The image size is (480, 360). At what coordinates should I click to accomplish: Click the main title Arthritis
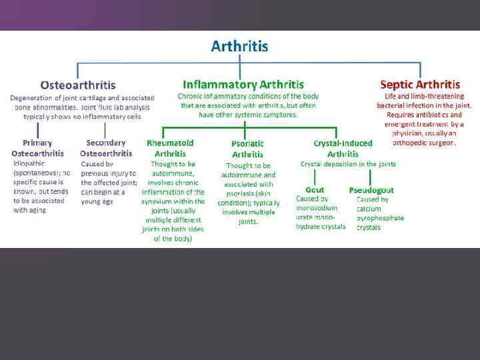pyautogui.click(x=239, y=46)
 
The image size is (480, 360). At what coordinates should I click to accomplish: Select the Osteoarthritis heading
pyautogui.click(x=78, y=85)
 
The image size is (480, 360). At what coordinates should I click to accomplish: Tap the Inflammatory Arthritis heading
pyautogui.click(x=243, y=85)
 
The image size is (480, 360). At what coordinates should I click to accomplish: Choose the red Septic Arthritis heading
pyautogui.click(x=419, y=85)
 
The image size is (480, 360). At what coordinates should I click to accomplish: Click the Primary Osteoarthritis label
pyautogui.click(x=37, y=147)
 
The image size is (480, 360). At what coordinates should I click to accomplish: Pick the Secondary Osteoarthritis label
pyautogui.click(x=106, y=147)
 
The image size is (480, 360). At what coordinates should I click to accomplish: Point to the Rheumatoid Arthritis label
pyautogui.click(x=170, y=147)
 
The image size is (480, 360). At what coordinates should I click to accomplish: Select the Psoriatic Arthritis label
pyautogui.click(x=247, y=149)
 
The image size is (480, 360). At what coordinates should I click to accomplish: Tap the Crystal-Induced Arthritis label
pyautogui.click(x=343, y=148)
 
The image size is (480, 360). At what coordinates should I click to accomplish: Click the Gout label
pyautogui.click(x=315, y=190)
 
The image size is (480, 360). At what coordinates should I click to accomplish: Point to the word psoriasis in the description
pyautogui.click(x=238, y=194)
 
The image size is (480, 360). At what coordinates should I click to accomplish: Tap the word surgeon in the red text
pyautogui.click(x=442, y=142)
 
